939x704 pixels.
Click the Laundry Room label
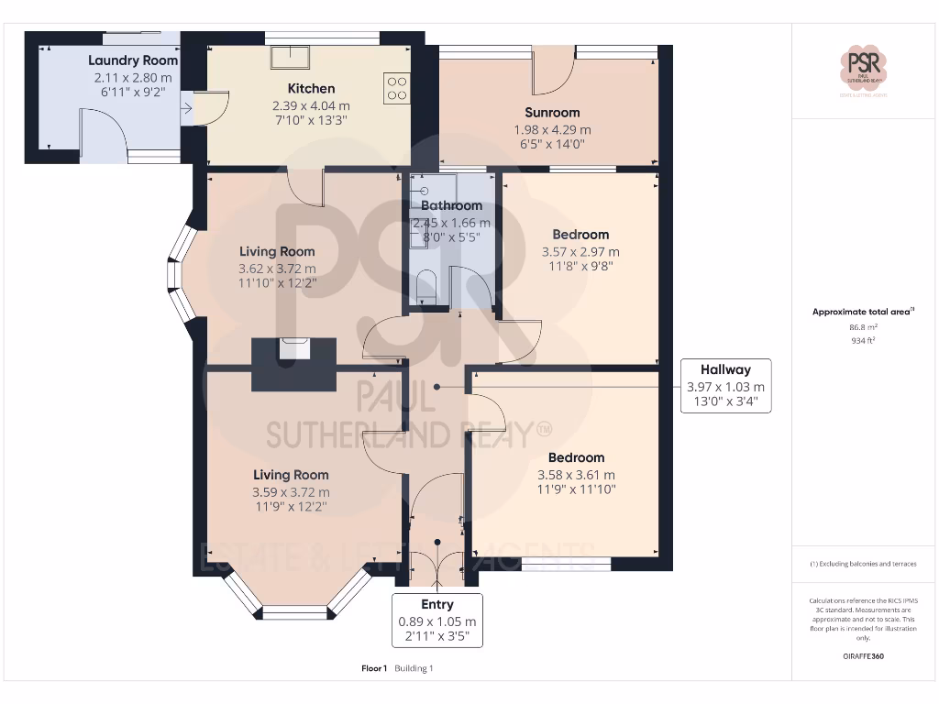click(x=133, y=60)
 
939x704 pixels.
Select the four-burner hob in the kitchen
click(x=397, y=88)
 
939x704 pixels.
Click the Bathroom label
click(x=451, y=205)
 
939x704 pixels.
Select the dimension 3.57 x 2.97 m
click(x=580, y=251)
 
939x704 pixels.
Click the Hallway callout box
click(x=725, y=386)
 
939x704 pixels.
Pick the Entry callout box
click(x=437, y=621)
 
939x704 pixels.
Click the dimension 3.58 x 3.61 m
click(x=576, y=475)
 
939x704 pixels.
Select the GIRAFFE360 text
click(x=865, y=656)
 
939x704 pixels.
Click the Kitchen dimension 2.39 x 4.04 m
click(x=312, y=105)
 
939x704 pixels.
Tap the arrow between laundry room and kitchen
click(x=188, y=110)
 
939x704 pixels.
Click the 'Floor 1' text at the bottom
click(x=374, y=668)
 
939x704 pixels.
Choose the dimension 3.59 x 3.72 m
click(x=291, y=492)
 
